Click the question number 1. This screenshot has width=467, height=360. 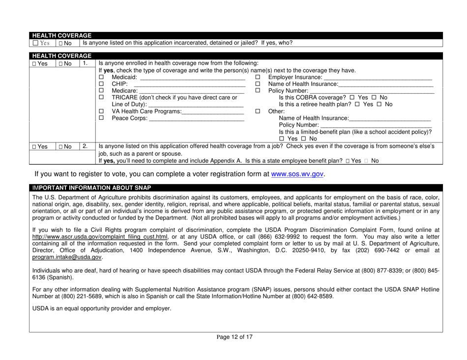click(x=84, y=63)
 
